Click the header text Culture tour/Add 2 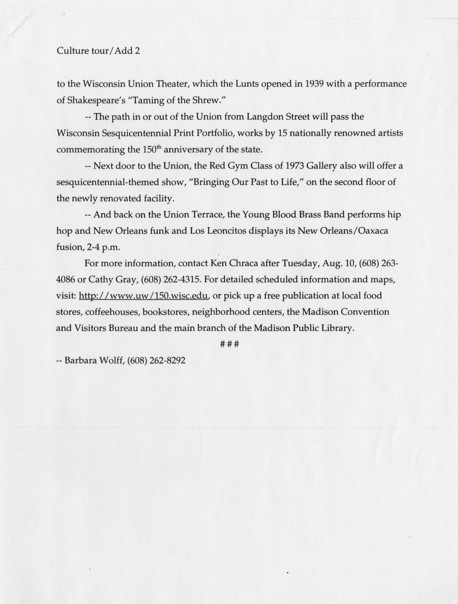click(98, 51)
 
